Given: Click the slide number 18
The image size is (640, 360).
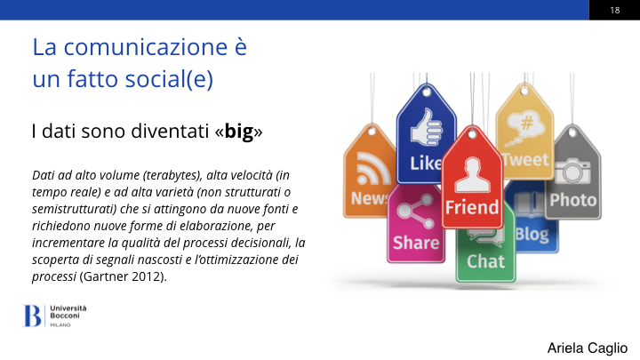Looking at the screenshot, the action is pyautogui.click(x=615, y=10).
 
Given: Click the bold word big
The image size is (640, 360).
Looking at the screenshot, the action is pyautogui.click(x=239, y=132).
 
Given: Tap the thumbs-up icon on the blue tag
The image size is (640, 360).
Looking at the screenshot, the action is pyautogui.click(x=427, y=127).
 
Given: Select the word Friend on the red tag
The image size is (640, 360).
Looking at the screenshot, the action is pyautogui.click(x=471, y=207).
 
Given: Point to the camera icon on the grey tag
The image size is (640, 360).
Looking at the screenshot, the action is pyautogui.click(x=572, y=171).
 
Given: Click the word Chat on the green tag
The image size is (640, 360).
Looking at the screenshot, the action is pyautogui.click(x=485, y=261).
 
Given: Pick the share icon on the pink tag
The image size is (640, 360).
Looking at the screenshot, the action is pyautogui.click(x=415, y=212).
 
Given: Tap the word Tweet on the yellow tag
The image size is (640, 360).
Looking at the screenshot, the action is pyautogui.click(x=525, y=160).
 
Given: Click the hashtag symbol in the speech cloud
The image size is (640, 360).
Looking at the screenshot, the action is pyautogui.click(x=527, y=122).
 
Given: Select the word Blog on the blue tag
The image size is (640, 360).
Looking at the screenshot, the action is pyautogui.click(x=532, y=235).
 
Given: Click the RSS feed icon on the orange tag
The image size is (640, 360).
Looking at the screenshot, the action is pyautogui.click(x=372, y=169).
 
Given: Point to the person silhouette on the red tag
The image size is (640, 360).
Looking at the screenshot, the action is pyautogui.click(x=472, y=175).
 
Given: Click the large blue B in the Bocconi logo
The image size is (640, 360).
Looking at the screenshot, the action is pyautogui.click(x=32, y=316).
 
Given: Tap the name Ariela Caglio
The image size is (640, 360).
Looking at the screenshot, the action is pyautogui.click(x=588, y=348).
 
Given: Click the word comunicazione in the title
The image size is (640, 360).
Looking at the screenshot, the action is pyautogui.click(x=145, y=47).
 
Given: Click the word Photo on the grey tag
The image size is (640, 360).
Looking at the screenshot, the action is pyautogui.click(x=572, y=200).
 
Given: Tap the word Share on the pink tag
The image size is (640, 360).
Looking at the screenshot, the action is pyautogui.click(x=416, y=243).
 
